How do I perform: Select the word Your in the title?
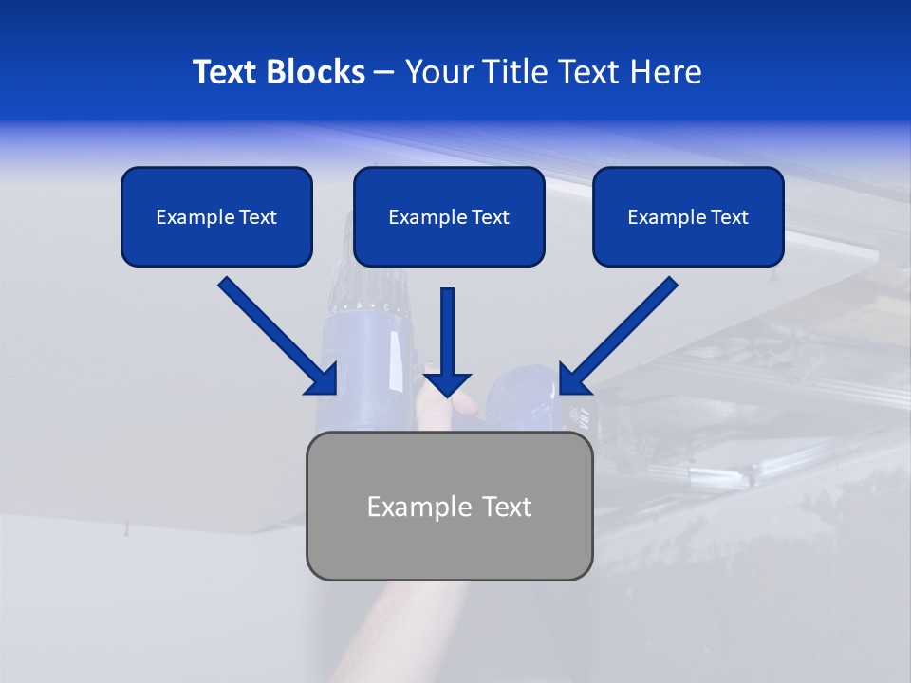(438, 72)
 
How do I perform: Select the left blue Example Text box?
(216, 216)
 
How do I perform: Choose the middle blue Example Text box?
(449, 216)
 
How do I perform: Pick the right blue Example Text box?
(688, 216)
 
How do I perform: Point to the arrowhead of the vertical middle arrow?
(447, 384)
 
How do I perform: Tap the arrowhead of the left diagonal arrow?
(323, 379)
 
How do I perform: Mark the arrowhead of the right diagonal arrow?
(573, 379)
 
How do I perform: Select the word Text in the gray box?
(507, 507)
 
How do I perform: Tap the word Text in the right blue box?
(729, 217)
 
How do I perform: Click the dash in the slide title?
(384, 72)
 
